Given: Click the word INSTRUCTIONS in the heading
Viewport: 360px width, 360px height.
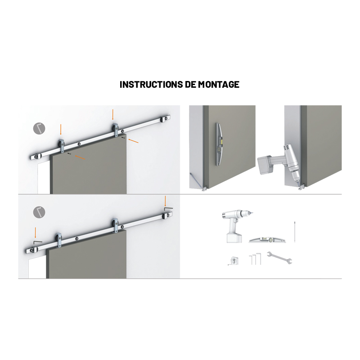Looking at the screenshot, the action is click(x=151, y=85).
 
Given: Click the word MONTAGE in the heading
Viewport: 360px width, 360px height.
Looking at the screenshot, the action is click(x=219, y=85).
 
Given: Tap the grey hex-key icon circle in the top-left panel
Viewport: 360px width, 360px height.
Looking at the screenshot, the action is click(x=39, y=128).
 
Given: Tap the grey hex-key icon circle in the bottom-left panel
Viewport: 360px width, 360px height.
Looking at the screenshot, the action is click(x=39, y=212).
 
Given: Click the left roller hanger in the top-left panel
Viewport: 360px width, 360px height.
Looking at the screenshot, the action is click(x=62, y=146).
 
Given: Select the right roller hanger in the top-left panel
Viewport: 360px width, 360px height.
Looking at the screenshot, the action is click(x=115, y=130).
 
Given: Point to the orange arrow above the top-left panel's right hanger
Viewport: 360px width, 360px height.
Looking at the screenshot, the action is click(x=113, y=115).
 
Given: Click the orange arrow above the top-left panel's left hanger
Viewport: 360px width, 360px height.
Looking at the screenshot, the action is click(x=61, y=130).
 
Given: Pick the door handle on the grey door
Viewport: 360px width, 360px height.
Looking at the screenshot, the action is click(x=219, y=144).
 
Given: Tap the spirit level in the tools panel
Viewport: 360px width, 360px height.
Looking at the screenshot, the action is click(x=267, y=240).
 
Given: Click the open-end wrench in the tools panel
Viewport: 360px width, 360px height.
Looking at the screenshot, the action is click(x=279, y=257).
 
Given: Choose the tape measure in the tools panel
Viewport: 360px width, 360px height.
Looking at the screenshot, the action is click(x=234, y=261).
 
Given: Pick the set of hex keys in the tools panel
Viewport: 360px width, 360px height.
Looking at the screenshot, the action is click(x=255, y=259).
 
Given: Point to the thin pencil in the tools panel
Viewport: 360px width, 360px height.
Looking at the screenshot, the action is click(x=295, y=232).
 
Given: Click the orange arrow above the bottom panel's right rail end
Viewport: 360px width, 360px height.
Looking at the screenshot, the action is click(x=165, y=201).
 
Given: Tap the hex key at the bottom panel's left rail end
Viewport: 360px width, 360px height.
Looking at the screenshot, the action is click(x=38, y=243).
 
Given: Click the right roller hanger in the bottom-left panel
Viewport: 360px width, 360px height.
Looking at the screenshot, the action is click(x=115, y=225).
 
